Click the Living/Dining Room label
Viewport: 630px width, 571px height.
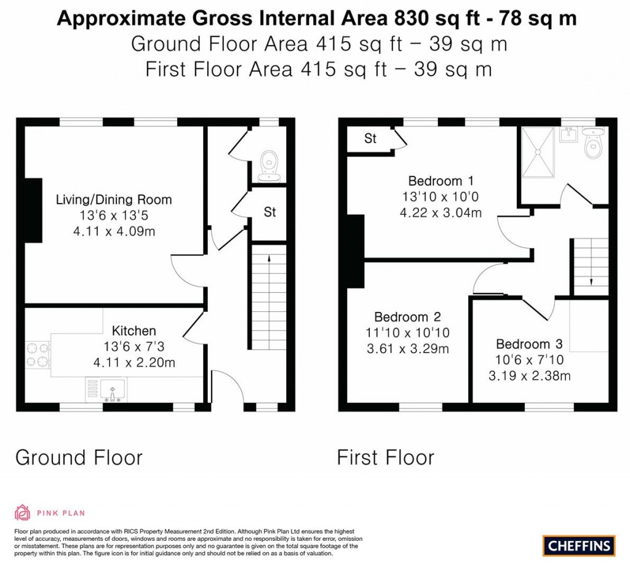tap(114, 200)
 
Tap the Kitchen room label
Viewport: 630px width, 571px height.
tap(134, 331)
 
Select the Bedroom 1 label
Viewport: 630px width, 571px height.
tap(441, 181)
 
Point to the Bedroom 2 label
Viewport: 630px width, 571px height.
tap(407, 317)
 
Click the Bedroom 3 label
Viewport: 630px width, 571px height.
tap(529, 344)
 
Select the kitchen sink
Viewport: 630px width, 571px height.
tap(113, 388)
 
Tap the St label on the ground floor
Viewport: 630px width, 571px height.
tap(269, 213)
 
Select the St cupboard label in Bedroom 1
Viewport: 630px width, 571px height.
tap(370, 139)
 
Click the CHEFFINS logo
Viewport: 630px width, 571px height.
tap(579, 545)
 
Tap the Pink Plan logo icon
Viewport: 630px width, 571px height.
tap(23, 513)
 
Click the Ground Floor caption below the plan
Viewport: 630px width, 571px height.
tap(79, 458)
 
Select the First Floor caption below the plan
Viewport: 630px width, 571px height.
tap(386, 458)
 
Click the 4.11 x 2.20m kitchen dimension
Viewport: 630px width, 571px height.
tap(134, 363)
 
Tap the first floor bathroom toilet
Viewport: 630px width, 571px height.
tap(593, 144)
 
